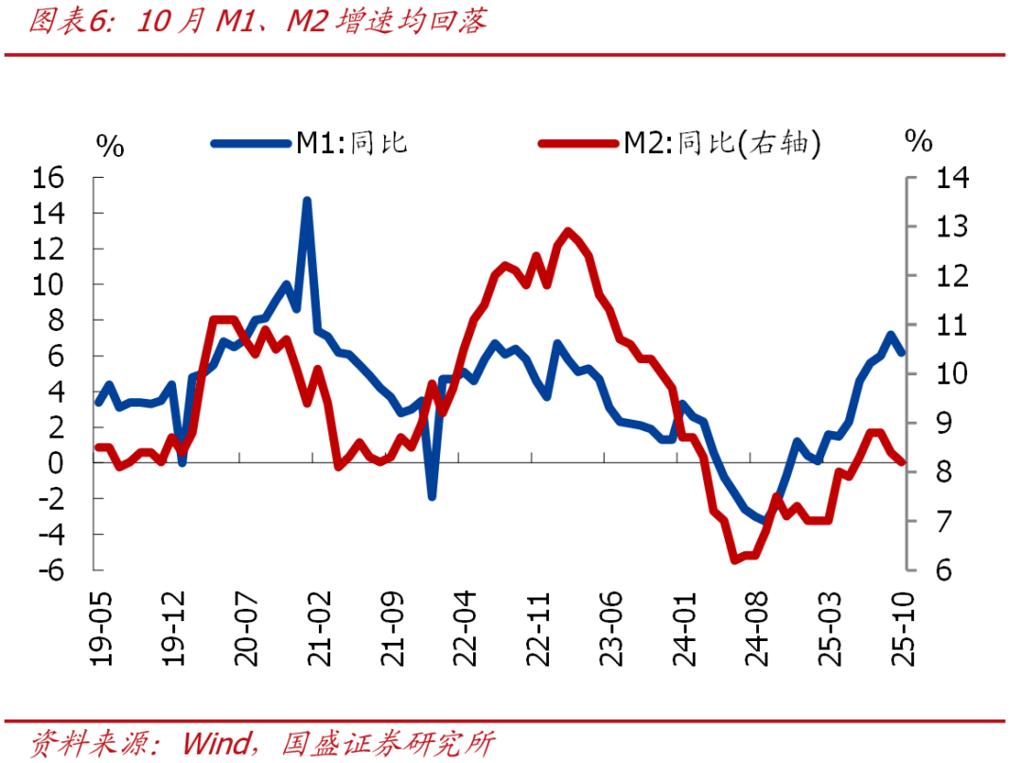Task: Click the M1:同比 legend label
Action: tap(352, 143)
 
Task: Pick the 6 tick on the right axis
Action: tap(947, 570)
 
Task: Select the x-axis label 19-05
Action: tap(99, 631)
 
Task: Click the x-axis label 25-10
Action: tap(907, 631)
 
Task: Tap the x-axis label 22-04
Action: tap(467, 631)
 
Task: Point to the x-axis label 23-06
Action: tap(613, 631)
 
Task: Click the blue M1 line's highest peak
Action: tap(307, 200)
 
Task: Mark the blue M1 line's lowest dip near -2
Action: tap(432, 496)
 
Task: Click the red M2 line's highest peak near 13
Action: tap(567, 230)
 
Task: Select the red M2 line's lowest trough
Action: tap(734, 561)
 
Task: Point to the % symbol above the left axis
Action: tap(110, 146)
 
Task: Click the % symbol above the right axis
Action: tap(918, 142)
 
